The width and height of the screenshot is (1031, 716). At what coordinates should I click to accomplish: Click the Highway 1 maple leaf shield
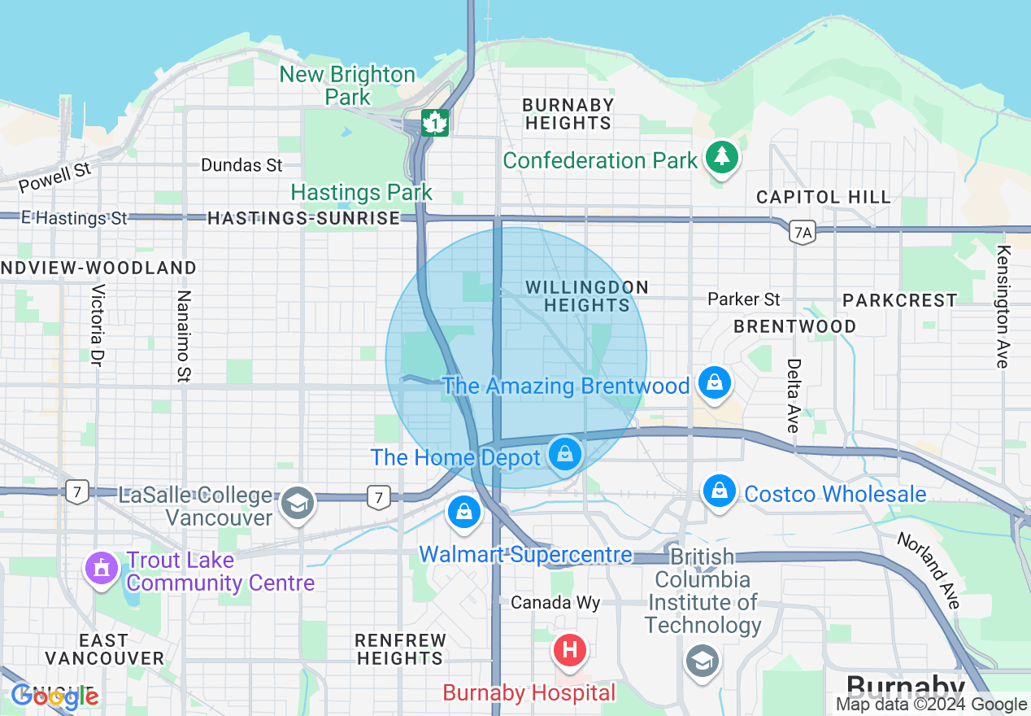(435, 123)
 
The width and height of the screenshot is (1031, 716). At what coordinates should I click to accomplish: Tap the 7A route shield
(802, 234)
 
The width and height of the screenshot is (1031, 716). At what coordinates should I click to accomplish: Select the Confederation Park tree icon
(721, 156)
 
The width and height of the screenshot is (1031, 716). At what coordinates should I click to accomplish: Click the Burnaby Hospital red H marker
(570, 650)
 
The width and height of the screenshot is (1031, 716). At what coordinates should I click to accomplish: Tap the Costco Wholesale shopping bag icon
(720, 491)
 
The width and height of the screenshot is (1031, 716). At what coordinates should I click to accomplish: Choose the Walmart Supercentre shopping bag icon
(463, 512)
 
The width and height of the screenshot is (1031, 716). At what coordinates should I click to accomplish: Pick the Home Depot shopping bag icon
(564, 454)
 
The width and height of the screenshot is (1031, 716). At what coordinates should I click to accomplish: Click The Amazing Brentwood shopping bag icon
(715, 382)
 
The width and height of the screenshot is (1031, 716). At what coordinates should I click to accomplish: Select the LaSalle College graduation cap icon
(298, 504)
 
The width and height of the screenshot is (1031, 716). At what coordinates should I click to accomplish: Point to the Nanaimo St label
(183, 336)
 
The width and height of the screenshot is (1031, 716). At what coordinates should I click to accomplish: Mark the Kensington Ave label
(1003, 307)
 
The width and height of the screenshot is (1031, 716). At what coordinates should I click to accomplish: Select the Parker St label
(743, 299)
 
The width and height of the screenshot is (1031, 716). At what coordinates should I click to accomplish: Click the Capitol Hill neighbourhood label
(823, 197)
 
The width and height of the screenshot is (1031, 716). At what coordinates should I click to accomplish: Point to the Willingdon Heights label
(586, 296)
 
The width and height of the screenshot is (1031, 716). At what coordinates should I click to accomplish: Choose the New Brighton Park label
(347, 85)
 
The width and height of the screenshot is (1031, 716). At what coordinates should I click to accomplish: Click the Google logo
(54, 696)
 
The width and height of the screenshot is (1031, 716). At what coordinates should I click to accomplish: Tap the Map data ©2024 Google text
(932, 705)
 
